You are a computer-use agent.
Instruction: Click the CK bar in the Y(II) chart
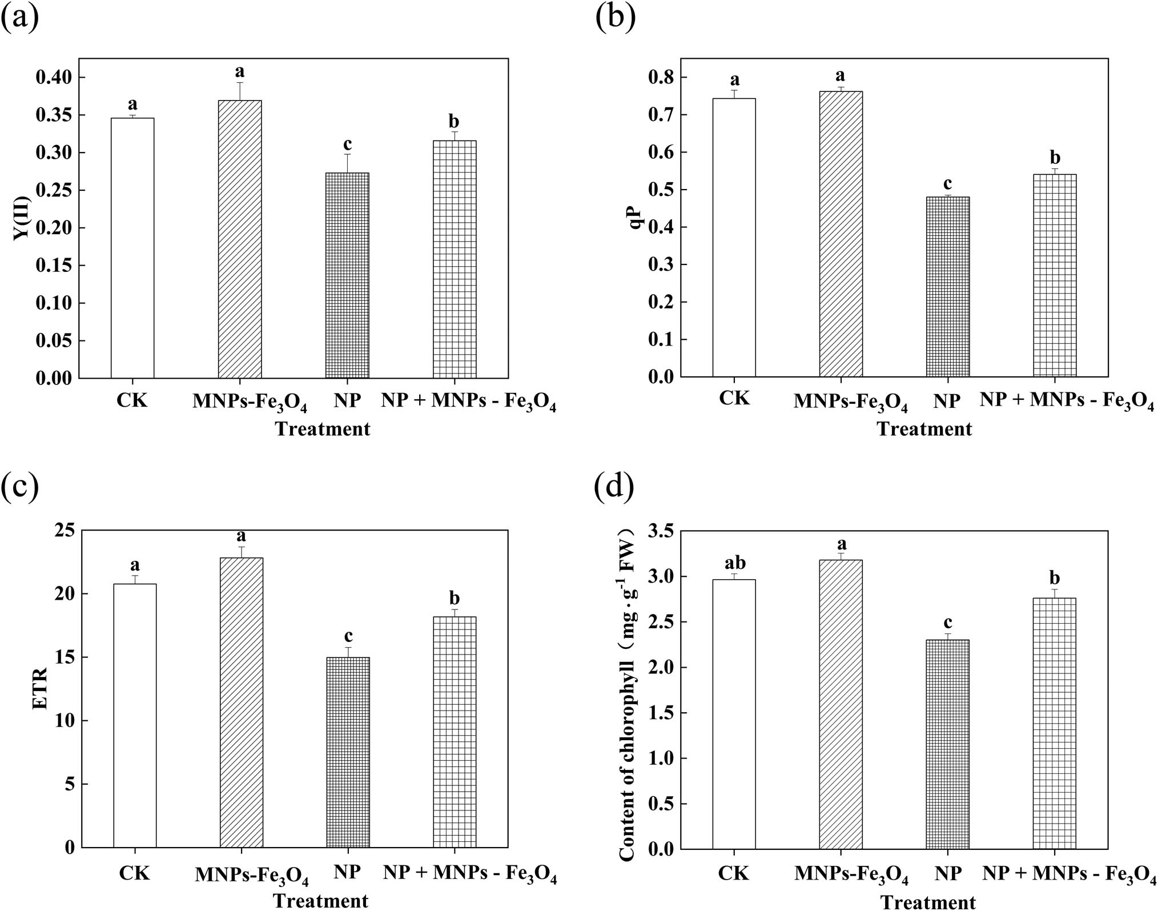(132, 248)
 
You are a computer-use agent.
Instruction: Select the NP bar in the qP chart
(947, 287)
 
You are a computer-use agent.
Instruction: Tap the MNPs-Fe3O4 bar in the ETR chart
(241, 702)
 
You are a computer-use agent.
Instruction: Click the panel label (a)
(21, 17)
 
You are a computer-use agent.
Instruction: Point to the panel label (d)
(614, 487)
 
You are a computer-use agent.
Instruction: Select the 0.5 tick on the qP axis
(661, 190)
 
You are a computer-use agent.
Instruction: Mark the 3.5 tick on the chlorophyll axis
(661, 531)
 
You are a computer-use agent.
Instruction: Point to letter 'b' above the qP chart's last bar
(1055, 157)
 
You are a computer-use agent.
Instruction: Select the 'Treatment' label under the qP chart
(924, 428)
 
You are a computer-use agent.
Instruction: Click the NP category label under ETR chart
(347, 872)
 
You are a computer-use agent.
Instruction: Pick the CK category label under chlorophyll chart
(734, 873)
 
